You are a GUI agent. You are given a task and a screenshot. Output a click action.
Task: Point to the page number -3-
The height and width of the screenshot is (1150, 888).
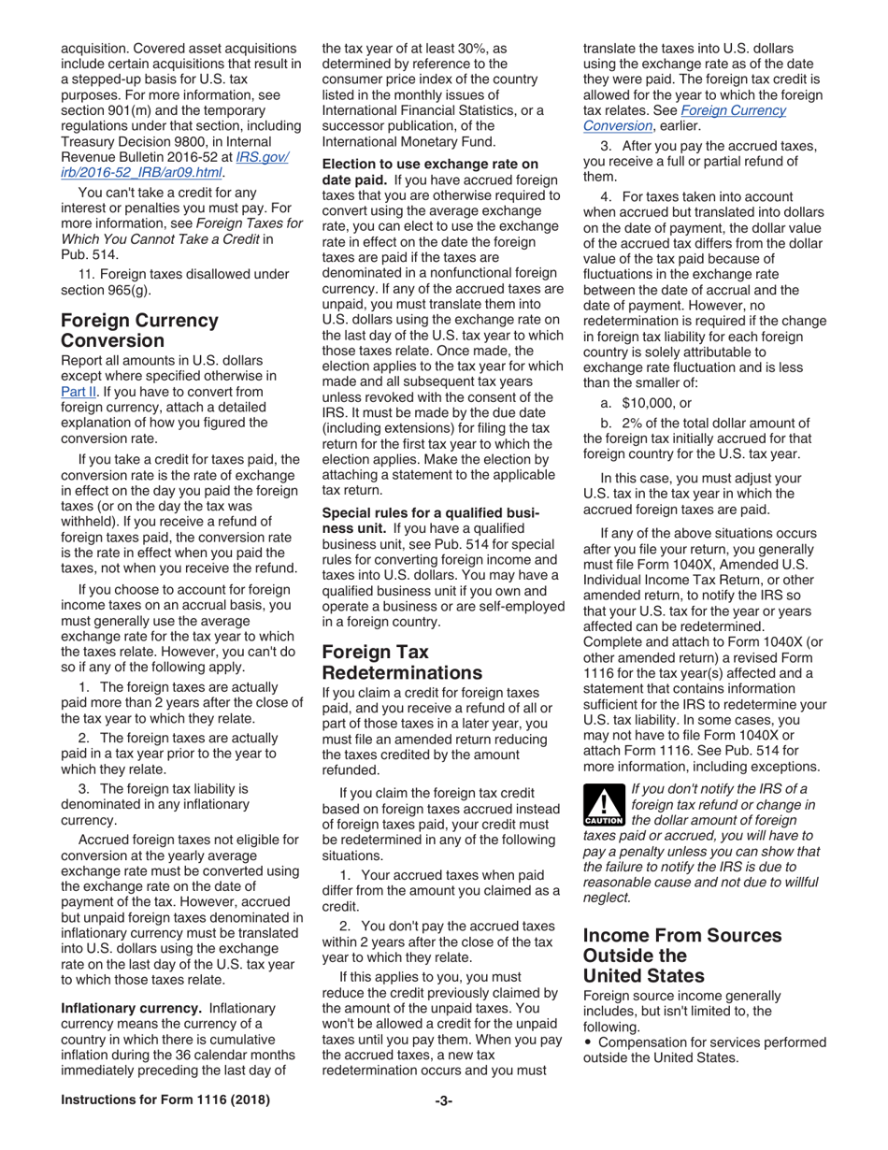pos(444,1126)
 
